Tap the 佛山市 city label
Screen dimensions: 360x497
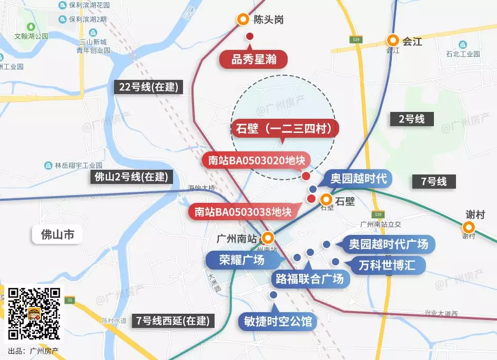(x=58, y=234)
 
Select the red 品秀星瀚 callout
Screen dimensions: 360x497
(x=253, y=59)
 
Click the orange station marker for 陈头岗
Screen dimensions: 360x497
(x=243, y=19)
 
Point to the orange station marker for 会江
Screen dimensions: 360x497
(x=393, y=40)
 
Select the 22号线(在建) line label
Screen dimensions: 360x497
(x=148, y=87)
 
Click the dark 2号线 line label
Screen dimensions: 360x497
(x=411, y=119)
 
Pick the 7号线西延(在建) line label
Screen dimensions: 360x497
(x=173, y=320)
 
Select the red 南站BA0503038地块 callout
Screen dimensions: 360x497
(x=243, y=212)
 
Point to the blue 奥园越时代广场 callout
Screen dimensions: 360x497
(x=389, y=244)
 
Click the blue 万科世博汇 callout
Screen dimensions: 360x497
(x=387, y=265)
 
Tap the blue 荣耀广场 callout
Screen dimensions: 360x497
(x=242, y=260)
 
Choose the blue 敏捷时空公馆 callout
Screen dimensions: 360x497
(x=278, y=321)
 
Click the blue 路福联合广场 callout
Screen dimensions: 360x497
(x=310, y=278)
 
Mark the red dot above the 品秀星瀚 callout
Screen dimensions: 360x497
(x=250, y=36)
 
